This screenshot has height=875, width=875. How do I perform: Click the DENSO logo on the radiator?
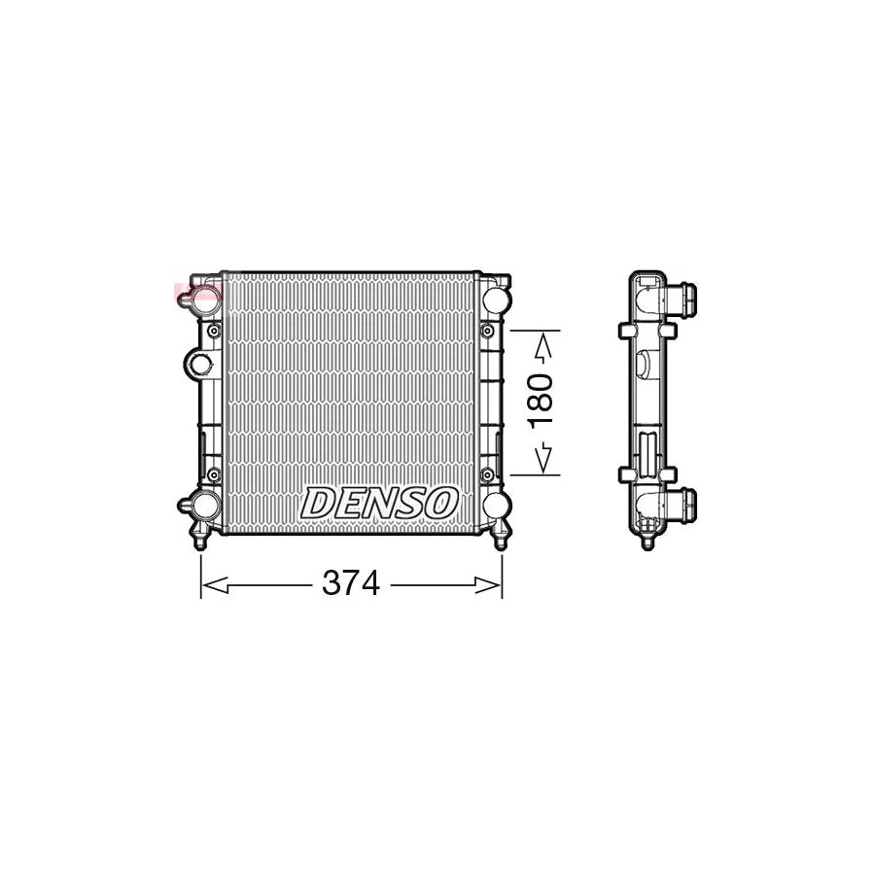379,503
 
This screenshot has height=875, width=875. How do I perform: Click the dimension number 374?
351,583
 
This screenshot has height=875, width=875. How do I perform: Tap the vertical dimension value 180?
542,399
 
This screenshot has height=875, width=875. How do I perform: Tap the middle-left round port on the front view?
199,364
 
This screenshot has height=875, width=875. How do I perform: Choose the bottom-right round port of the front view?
495,506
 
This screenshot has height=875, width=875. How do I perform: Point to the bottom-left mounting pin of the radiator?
201,540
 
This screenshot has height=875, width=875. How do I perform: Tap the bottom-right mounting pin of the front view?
501,540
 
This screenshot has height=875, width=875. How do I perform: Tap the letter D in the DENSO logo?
318,504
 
